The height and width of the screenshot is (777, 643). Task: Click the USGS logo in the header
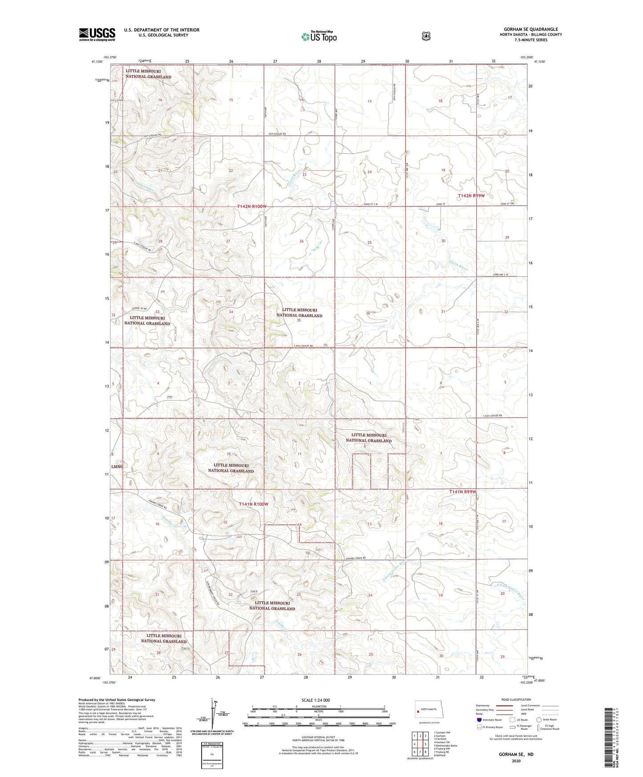click(97, 34)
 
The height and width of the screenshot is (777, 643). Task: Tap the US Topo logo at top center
click(319, 36)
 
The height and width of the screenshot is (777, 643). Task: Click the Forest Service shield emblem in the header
click(426, 36)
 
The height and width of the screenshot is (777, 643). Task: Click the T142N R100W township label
click(252, 206)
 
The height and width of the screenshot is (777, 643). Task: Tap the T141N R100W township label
click(254, 504)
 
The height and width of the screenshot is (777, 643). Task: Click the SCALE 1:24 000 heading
click(315, 700)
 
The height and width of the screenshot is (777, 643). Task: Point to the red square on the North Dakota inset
click(418, 711)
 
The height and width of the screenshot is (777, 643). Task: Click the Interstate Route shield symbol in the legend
click(479, 720)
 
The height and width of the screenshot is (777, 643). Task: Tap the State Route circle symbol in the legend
click(539, 720)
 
